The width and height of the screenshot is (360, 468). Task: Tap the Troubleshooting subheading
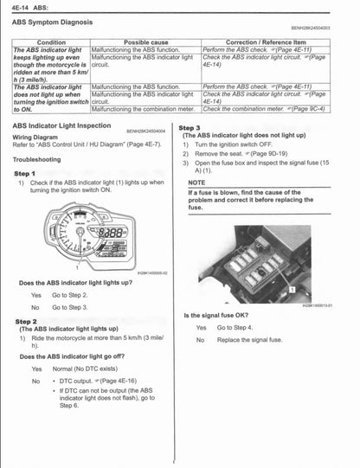coord(37,160)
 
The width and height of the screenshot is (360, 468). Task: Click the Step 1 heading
coord(25,173)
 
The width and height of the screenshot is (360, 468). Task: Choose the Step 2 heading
coord(25,321)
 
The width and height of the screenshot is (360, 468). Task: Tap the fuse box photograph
coord(261,260)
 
